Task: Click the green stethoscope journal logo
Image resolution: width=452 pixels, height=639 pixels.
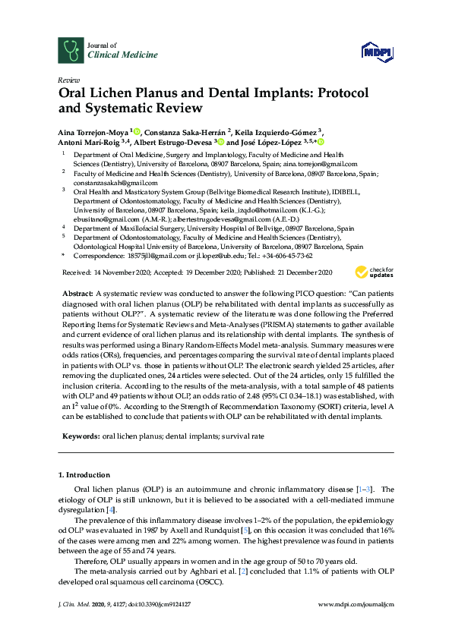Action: [72, 50]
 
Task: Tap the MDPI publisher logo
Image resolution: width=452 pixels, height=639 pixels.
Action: [377, 52]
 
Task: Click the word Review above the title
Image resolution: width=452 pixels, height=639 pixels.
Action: [68, 80]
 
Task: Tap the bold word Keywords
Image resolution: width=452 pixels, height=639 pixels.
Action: [79, 437]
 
